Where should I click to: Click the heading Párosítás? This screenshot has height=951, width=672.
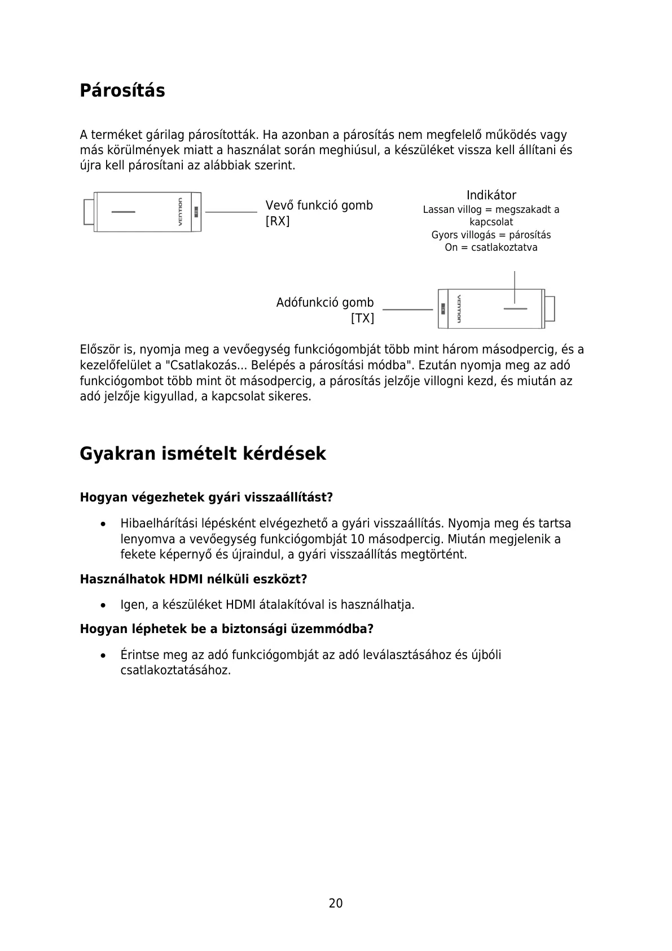click(122, 90)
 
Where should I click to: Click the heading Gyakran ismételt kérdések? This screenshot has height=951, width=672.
click(203, 453)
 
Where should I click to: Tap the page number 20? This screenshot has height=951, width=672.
click(336, 903)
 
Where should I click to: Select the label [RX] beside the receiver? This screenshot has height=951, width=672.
click(278, 221)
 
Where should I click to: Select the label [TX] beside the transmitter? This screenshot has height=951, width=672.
click(362, 318)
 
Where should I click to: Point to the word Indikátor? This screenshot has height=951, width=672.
click(491, 195)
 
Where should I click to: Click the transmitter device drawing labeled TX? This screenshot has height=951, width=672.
click(491, 308)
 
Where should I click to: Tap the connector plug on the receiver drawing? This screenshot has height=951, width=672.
click(88, 212)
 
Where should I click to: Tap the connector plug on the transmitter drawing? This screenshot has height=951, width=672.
click(550, 308)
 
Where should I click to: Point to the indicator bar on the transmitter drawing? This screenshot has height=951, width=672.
click(515, 308)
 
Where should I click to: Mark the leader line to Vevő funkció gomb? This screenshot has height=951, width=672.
click(231, 212)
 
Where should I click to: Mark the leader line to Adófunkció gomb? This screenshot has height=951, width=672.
click(407, 309)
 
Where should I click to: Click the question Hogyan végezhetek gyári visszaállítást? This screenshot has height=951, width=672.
click(206, 498)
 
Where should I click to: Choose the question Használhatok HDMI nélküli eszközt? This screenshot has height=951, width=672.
click(193, 579)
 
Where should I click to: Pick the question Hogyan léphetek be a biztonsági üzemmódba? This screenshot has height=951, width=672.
click(226, 629)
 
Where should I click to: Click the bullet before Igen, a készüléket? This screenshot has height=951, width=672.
click(103, 605)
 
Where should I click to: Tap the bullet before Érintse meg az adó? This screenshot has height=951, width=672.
click(103, 656)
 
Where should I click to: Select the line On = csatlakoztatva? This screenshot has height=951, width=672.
click(491, 247)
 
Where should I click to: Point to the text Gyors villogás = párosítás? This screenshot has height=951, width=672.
click(491, 235)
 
